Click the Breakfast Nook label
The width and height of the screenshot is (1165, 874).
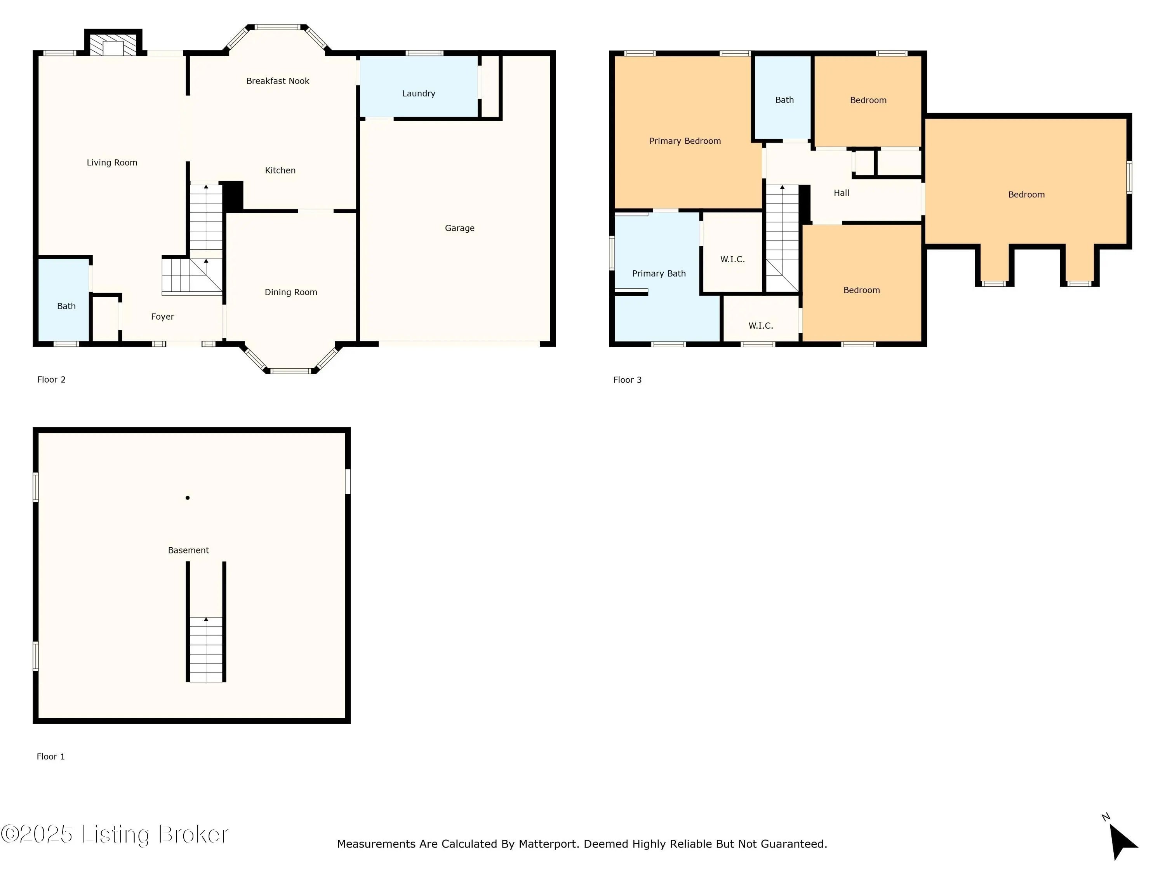pos(278,81)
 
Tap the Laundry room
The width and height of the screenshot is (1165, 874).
pos(419,86)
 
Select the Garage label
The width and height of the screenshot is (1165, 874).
pos(459,228)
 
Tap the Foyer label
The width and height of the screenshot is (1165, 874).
pos(162,317)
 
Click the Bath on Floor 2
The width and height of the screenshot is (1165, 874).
pos(64,300)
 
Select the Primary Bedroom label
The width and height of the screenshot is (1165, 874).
pos(685,141)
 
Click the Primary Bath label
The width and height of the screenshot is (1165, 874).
pos(659,273)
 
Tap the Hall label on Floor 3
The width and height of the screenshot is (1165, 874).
pos(841,193)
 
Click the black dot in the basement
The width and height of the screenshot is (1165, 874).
pos(188,497)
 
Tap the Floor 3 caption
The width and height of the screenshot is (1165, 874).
pos(627,380)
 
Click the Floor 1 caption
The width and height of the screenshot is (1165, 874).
pos(50,757)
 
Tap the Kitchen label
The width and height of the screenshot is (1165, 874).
pos(280,170)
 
